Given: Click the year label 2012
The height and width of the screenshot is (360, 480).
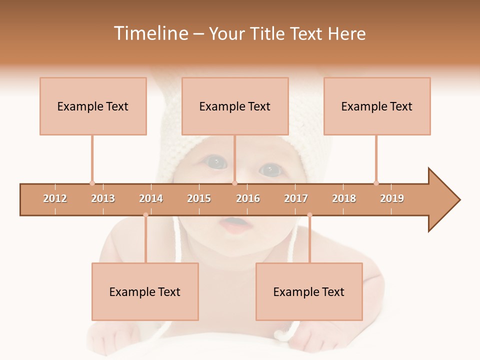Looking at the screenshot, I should click(x=55, y=198).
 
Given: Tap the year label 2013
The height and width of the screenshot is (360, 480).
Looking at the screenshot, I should click(x=103, y=198).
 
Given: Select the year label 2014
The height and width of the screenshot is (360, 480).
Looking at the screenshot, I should click(x=151, y=198).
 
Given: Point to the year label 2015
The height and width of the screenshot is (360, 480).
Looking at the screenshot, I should click(x=199, y=198).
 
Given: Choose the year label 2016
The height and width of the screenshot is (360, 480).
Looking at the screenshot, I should click(x=248, y=198).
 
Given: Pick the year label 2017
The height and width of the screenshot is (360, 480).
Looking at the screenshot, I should click(x=296, y=198).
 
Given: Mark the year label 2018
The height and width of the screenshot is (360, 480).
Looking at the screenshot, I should click(x=344, y=198).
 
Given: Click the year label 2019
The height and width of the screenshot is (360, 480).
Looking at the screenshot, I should click(x=392, y=198).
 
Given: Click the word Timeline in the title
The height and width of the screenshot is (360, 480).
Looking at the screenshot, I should click(x=150, y=33).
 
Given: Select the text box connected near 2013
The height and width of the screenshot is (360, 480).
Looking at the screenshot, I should click(x=93, y=106).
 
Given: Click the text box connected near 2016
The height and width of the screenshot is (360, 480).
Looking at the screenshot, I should click(x=235, y=106).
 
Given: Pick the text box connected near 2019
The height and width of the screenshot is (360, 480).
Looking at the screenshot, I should click(x=377, y=106).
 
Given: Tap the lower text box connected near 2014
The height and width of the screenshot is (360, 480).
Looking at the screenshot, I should click(x=145, y=291).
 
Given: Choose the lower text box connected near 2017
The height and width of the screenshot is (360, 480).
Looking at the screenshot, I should click(x=309, y=291).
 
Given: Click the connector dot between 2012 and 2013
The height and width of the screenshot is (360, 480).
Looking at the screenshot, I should click(x=92, y=183).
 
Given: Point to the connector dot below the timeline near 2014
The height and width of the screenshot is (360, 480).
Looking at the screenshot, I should click(x=145, y=215).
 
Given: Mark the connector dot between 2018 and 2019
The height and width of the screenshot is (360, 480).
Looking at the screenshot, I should click(x=376, y=183).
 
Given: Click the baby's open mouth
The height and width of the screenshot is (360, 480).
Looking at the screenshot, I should click(x=233, y=222).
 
